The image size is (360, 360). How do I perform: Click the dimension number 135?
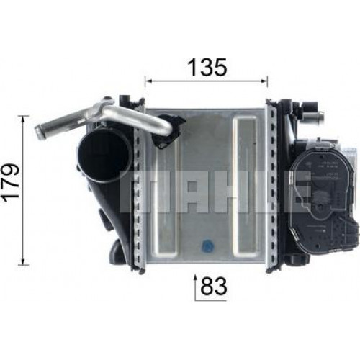coord(207,68)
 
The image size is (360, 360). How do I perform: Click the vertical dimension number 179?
coord(10,181)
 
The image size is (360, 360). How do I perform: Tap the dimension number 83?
coord(213,287)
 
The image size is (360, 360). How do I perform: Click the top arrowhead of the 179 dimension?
coord(23,120)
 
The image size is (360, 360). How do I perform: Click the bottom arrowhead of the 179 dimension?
coord(23,261)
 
